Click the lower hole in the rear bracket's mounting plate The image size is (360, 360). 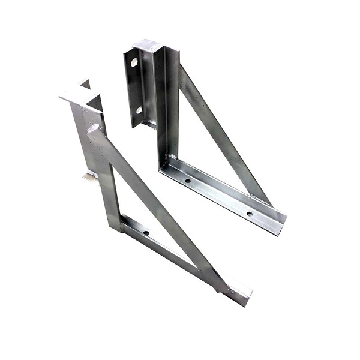pos(139,110)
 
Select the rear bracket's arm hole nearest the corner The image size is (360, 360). pos(187,180)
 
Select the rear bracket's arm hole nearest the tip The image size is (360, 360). pos(250,213)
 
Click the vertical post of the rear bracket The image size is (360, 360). pos(166,102)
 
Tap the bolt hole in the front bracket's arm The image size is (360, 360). pos(145,233)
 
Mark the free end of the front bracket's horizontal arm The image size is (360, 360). pos(240,298)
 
